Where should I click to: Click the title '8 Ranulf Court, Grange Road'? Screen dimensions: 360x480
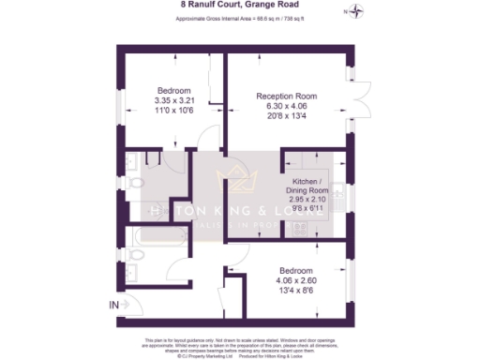pyautogui.click(x=240, y=5)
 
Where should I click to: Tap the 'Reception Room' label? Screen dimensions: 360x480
pyautogui.click(x=287, y=96)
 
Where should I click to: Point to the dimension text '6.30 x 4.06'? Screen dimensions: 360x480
pyautogui.click(x=287, y=106)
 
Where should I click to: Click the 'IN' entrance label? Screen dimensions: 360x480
pyautogui.click(x=114, y=305)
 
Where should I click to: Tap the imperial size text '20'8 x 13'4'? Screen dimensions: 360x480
pyautogui.click(x=287, y=116)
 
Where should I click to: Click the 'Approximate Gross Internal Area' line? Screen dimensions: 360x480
pyautogui.click(x=239, y=17)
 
